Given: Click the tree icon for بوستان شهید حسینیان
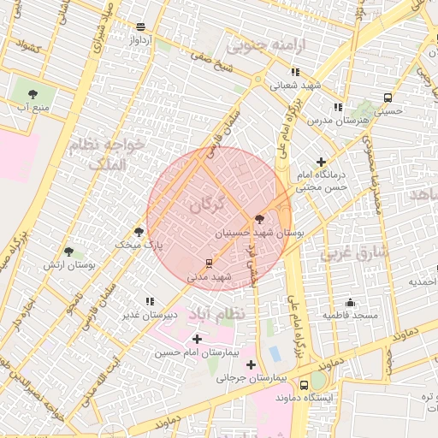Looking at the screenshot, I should [x=259, y=219].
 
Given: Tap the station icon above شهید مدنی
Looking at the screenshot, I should [x=209, y=263].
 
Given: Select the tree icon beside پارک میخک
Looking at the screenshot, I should [x=139, y=232].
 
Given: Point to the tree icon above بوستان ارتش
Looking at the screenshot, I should [x=69, y=252].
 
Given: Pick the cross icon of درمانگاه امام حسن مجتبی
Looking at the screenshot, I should [x=321, y=162].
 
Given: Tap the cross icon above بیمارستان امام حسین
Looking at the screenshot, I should [x=198, y=340].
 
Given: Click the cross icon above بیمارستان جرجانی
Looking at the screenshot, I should [x=250, y=364].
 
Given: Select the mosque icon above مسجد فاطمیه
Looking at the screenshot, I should [x=349, y=302].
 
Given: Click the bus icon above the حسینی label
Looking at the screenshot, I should [x=388, y=98].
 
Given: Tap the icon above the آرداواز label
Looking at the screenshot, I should [x=140, y=27].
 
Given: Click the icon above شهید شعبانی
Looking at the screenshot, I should [x=295, y=72].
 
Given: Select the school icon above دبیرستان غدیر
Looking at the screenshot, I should [x=151, y=301].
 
